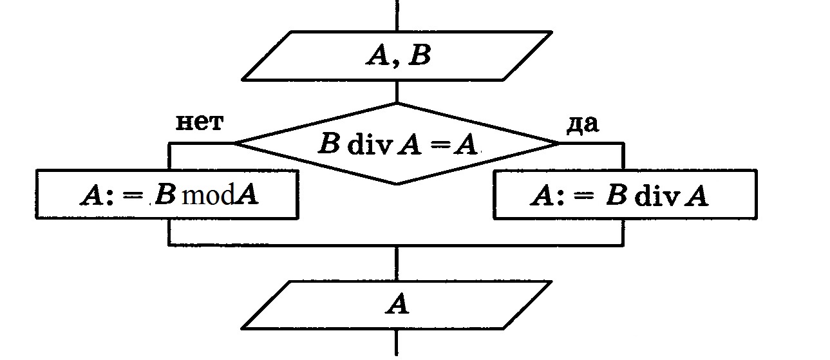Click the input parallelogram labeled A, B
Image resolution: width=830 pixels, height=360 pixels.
pyautogui.click(x=397, y=55)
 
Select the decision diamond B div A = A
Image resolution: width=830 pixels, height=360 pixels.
pyautogui.click(x=397, y=144)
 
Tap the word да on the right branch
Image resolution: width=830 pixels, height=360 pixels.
pyautogui.click(x=582, y=124)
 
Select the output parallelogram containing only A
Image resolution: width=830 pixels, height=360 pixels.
pyautogui.click(x=397, y=305)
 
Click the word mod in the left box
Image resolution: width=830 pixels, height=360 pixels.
pyautogui.click(x=207, y=195)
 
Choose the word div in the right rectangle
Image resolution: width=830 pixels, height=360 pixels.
pyautogui.click(x=656, y=196)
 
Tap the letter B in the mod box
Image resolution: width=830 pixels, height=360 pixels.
pyautogui.click(x=165, y=195)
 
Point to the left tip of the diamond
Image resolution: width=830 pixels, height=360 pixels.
pyautogui.click(x=234, y=143)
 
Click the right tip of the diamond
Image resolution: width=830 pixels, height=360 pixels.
pyautogui.click(x=559, y=143)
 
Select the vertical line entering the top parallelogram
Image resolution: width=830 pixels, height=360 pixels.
pyautogui.click(x=397, y=14)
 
